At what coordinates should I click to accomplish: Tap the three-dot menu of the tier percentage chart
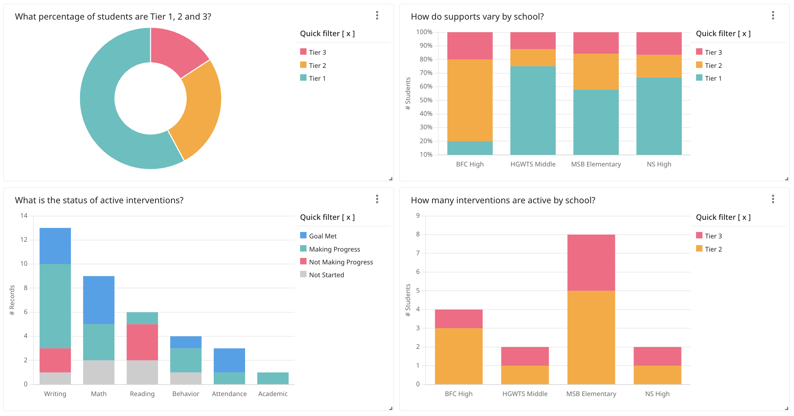click(377, 16)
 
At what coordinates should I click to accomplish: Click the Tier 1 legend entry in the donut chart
click(317, 78)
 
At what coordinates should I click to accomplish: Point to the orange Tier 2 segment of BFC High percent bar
click(470, 100)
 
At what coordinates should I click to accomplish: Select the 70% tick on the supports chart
click(426, 73)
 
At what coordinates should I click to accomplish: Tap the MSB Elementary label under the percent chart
click(596, 164)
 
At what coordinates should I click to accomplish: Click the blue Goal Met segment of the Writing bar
click(55, 246)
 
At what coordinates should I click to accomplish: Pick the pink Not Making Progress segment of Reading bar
click(142, 342)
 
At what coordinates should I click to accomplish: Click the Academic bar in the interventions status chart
click(273, 378)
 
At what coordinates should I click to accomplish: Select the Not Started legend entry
click(326, 275)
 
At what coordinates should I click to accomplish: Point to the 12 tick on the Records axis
click(24, 240)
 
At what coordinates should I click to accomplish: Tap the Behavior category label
click(186, 394)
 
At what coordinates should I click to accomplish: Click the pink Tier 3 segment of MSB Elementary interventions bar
click(591, 263)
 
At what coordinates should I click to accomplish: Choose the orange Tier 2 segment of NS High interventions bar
click(657, 375)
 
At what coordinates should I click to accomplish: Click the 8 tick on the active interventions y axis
click(418, 234)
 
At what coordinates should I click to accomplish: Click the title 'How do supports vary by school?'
click(477, 17)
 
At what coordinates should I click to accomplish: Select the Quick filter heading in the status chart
click(327, 217)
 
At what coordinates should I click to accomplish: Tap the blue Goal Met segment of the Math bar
click(99, 300)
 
